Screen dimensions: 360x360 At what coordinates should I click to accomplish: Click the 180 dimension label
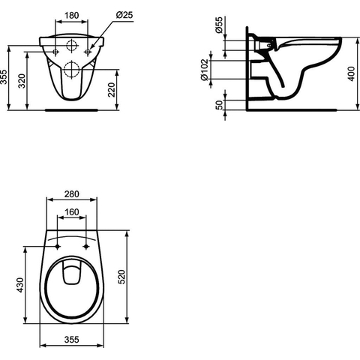pyautogui.click(x=72, y=16)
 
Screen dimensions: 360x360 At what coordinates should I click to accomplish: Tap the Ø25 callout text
pyautogui.click(x=124, y=15)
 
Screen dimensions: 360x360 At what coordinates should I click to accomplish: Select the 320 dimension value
pyautogui.click(x=22, y=81)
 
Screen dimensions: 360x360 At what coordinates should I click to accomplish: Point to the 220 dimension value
pyautogui.click(x=111, y=90)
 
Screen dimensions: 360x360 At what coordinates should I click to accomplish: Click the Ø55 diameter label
pyautogui.click(x=219, y=25)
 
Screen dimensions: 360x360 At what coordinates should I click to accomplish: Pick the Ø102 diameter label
pyautogui.click(x=205, y=70)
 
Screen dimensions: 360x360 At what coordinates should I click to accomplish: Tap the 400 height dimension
pyautogui.click(x=352, y=73)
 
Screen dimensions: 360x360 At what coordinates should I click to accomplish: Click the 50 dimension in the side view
pyautogui.click(x=219, y=105)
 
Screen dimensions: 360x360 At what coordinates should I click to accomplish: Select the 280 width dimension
pyautogui.click(x=72, y=194)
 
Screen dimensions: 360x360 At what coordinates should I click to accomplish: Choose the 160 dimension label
pyautogui.click(x=72, y=212)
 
